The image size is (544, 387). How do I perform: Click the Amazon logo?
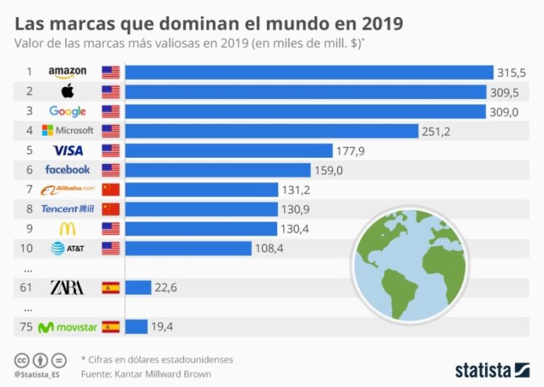(x=67, y=71)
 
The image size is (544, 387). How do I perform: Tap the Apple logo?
(x=67, y=91)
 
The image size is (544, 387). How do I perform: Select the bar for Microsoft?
(x=272, y=130)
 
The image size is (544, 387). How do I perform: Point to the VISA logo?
(x=68, y=150)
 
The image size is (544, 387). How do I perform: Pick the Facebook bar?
(x=218, y=170)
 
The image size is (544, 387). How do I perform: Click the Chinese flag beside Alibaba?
(x=110, y=190)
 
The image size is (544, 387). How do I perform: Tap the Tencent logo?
(x=67, y=209)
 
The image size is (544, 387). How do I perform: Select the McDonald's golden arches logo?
(x=67, y=229)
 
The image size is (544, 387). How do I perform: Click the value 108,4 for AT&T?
(x=271, y=248)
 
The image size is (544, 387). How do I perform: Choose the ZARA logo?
(x=67, y=287)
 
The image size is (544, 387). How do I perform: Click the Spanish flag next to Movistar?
(x=110, y=327)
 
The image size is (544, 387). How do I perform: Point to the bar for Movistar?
(x=137, y=327)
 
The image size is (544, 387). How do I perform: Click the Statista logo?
(x=492, y=370)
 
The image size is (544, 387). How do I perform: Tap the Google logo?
(x=67, y=111)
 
